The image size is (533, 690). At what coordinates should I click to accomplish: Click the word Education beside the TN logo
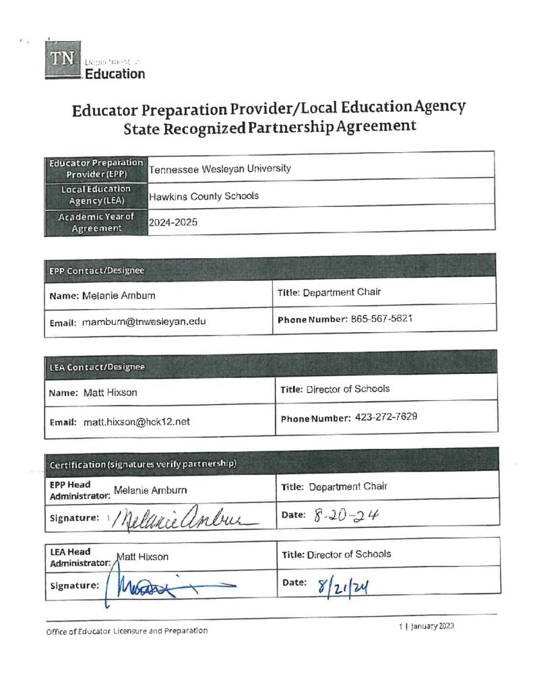coord(115,73)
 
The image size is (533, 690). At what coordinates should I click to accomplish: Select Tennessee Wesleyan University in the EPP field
coord(220,168)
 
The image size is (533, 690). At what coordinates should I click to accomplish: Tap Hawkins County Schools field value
coord(203,196)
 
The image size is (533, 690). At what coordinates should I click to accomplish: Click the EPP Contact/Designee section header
coord(270,270)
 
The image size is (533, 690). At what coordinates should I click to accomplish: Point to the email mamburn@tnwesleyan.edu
coord(144,322)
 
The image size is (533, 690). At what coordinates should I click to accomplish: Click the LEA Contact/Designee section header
coord(270,366)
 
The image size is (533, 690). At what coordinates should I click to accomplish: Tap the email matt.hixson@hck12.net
coord(136,422)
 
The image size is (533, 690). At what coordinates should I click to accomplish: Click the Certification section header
coord(270,464)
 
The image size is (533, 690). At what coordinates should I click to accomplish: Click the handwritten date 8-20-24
coord(346,516)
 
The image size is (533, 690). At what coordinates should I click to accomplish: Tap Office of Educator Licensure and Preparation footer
coord(127,631)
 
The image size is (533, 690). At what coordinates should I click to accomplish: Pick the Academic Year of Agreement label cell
coord(96,222)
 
